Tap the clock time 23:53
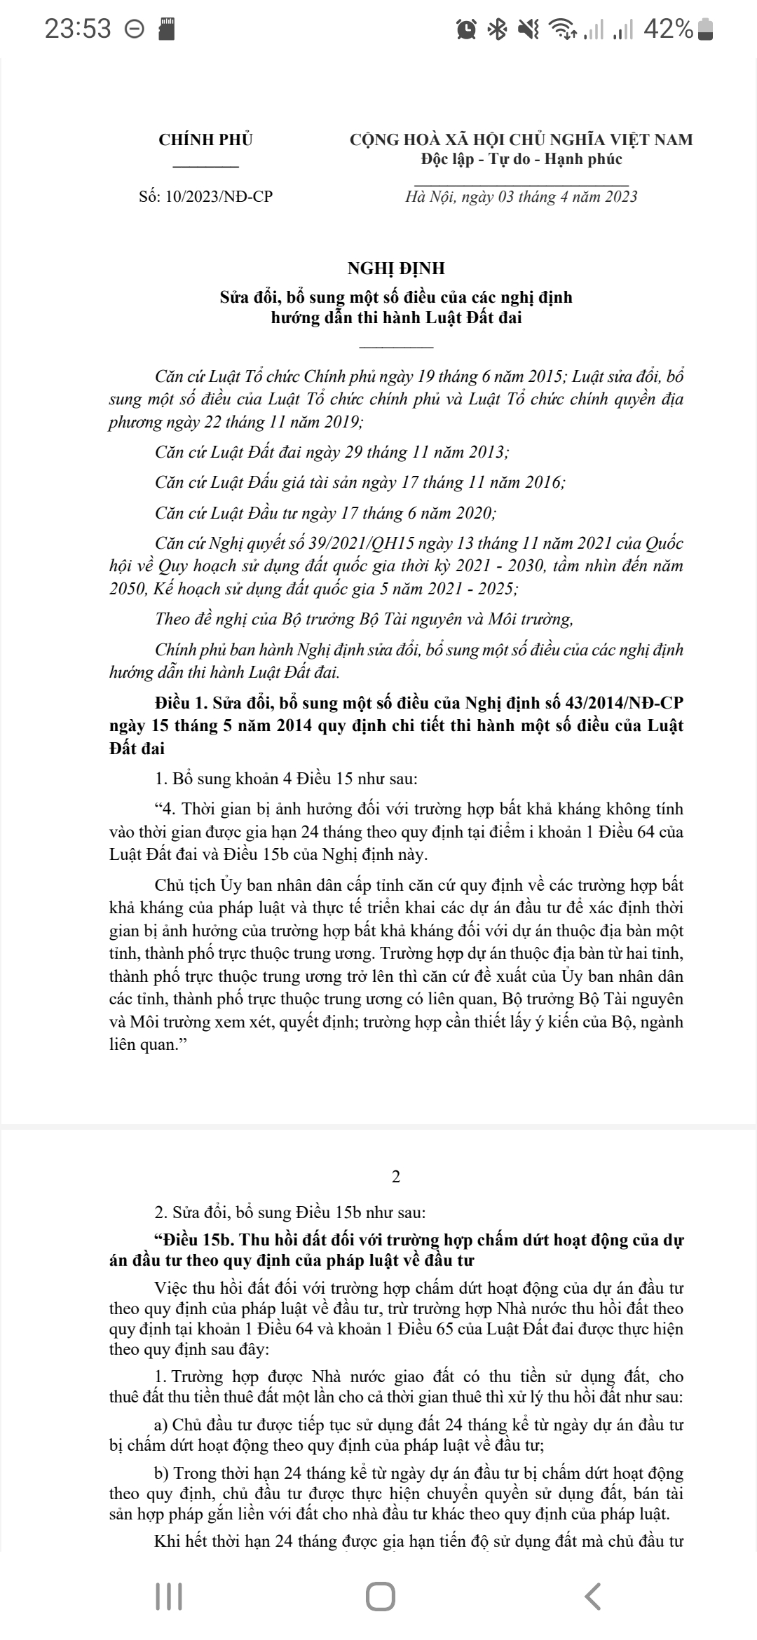pos(78,29)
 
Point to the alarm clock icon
pos(466,29)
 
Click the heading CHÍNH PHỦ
pos(205,139)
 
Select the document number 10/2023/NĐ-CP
pos(219,196)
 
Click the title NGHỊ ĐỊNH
pos(396,268)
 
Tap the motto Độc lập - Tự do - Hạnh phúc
pos(521,159)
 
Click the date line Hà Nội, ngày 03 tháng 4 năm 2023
pos(521,196)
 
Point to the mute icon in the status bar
pos(527,29)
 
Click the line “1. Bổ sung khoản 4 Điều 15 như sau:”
pos(286,779)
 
